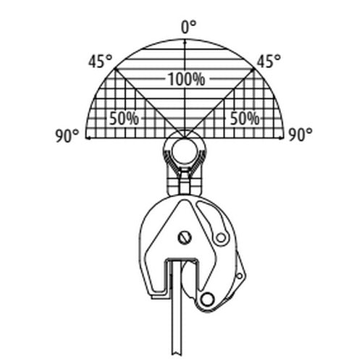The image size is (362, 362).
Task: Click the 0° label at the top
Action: point(188,27)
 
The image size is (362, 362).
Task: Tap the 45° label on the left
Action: point(100,61)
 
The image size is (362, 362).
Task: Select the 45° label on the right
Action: point(269,61)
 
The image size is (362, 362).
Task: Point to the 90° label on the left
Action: point(67,135)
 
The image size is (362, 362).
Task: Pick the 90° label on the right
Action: point(300,135)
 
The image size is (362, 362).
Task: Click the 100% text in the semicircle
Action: point(186,79)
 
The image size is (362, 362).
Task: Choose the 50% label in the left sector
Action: point(124,118)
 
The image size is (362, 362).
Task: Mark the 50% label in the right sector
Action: point(245,118)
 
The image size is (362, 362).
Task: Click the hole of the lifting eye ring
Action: point(185,151)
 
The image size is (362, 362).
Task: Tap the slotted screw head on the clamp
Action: point(185,237)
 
